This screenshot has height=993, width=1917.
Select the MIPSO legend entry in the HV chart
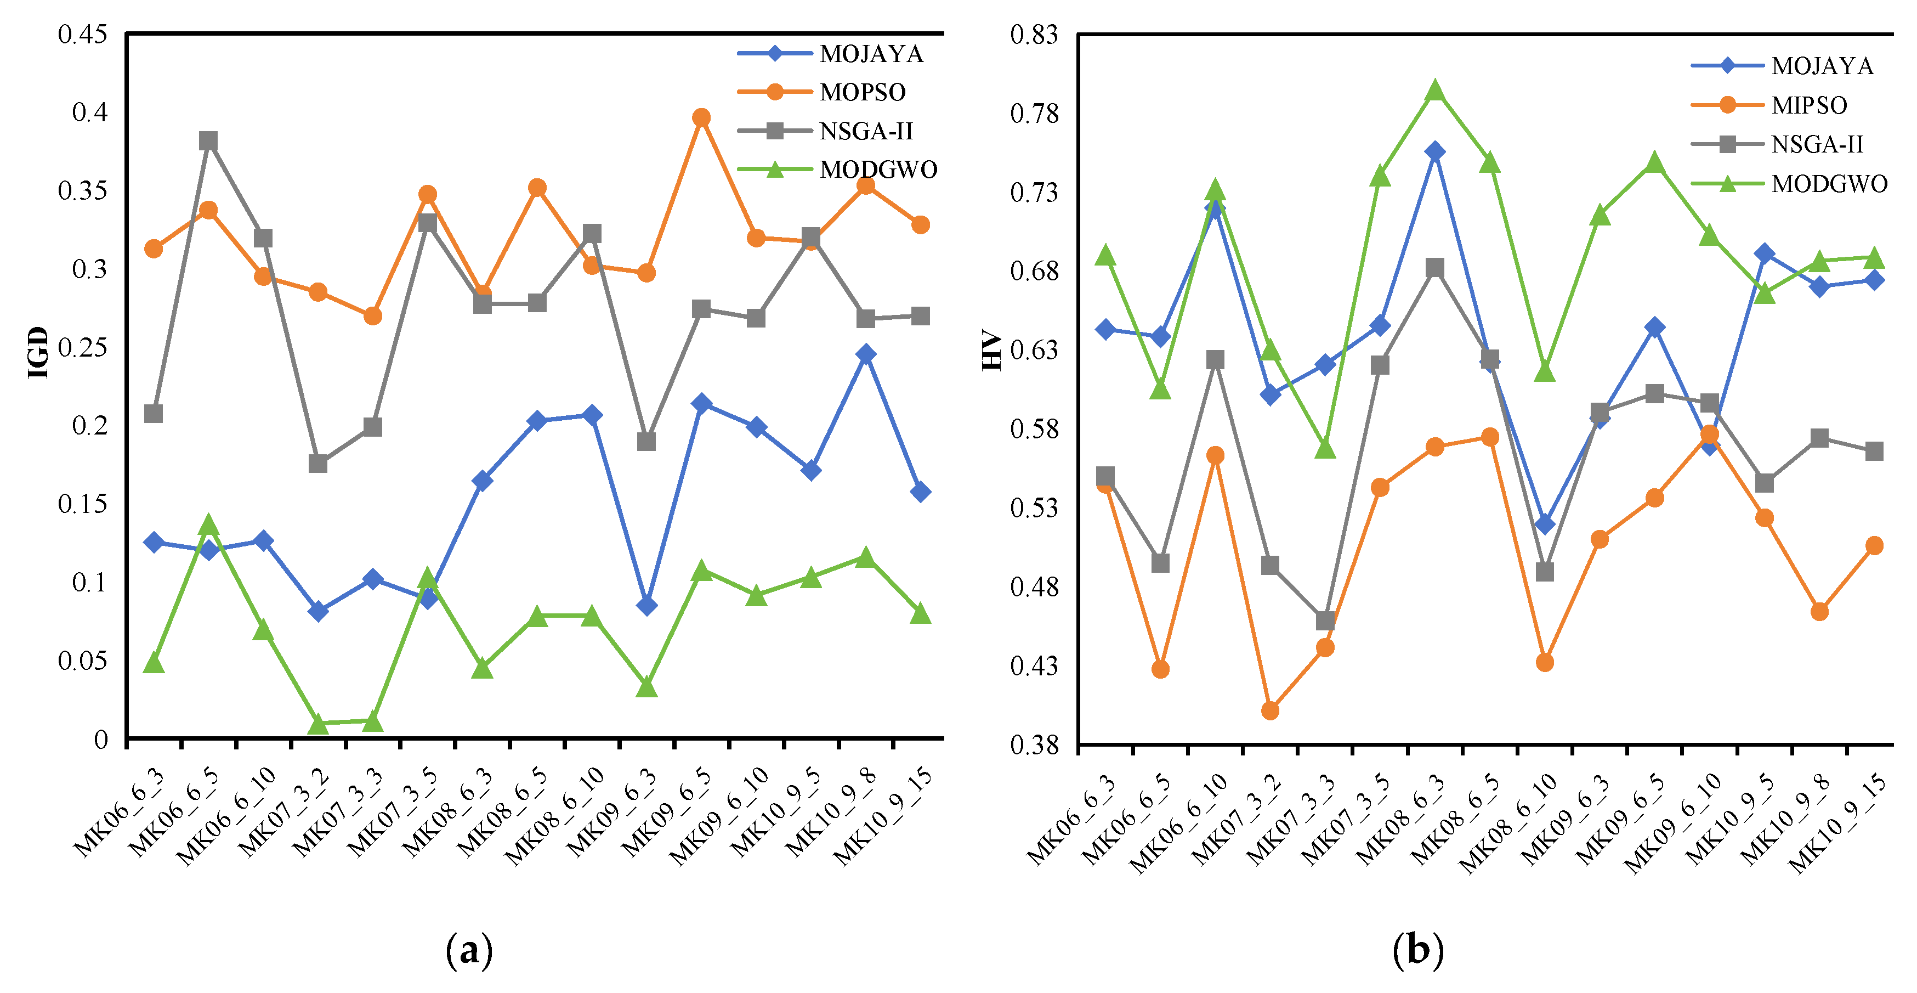coord(1808,105)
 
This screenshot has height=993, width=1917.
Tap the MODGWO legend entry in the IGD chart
coord(877,170)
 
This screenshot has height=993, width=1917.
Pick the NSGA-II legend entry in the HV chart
coord(1817,144)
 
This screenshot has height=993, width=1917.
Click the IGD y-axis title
coord(38,353)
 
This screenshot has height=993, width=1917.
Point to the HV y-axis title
coord(992,350)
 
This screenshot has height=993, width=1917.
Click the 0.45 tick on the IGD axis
coord(83,34)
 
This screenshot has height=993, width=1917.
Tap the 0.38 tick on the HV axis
coord(1034,744)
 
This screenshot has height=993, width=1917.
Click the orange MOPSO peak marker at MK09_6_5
coord(701,117)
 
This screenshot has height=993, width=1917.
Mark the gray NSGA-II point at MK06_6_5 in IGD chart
coord(208,140)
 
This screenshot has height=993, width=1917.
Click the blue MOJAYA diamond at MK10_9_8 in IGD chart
coord(865,353)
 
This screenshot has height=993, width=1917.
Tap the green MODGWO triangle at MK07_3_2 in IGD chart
coord(319,724)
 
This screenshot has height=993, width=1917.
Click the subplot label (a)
coord(469,951)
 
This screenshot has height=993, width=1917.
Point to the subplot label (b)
coord(1417,951)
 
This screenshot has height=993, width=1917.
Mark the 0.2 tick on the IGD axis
coord(90,426)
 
